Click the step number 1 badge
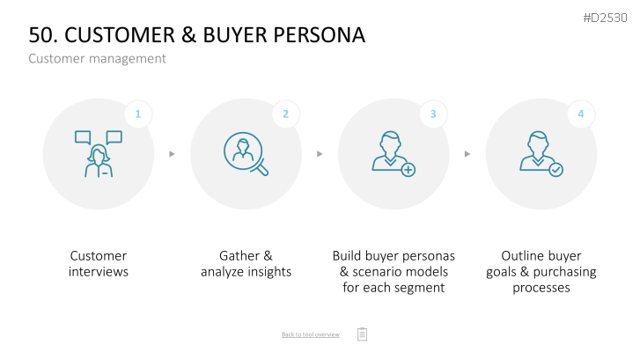click(x=138, y=114)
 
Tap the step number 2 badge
click(x=286, y=114)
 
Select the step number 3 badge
click(x=433, y=114)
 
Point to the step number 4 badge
click(x=581, y=114)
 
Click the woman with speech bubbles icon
click(x=99, y=154)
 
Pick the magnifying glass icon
click(x=246, y=154)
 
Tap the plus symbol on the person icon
click(x=408, y=170)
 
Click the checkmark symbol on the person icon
click(x=555, y=170)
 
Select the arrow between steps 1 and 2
click(x=172, y=154)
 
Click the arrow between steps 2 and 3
click(x=320, y=154)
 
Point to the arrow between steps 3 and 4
click(x=467, y=154)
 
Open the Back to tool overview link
click(x=310, y=334)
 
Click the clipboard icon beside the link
click(x=362, y=334)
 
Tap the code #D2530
click(x=605, y=18)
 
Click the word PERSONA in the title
click(x=319, y=34)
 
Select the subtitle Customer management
click(x=97, y=59)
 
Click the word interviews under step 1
click(x=99, y=271)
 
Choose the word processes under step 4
click(x=541, y=288)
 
